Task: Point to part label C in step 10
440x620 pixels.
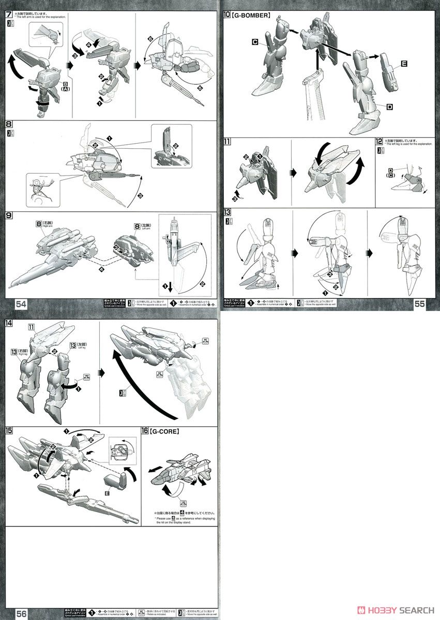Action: click(x=255, y=42)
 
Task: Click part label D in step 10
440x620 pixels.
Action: click(x=388, y=106)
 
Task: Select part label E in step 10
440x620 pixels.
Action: click(x=403, y=64)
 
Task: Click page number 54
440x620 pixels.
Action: click(x=21, y=304)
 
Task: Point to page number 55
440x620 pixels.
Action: click(x=419, y=304)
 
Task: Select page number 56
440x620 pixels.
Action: click(x=21, y=613)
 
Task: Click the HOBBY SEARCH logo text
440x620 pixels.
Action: click(x=399, y=610)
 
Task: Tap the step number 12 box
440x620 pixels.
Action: click(x=379, y=142)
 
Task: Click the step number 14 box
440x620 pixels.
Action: click(x=9, y=323)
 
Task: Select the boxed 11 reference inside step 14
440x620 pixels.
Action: click(x=32, y=327)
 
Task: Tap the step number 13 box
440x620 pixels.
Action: click(x=227, y=212)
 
